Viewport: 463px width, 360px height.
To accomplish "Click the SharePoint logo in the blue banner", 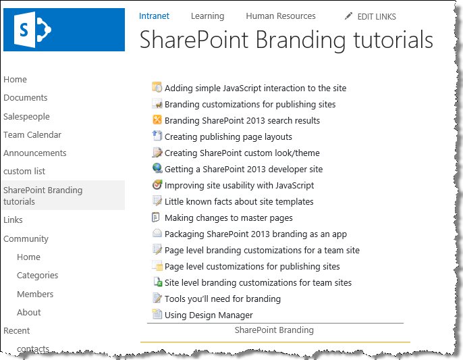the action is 32,30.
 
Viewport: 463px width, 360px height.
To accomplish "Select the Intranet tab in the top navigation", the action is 154,16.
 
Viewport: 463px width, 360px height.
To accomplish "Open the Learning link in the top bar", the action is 208,16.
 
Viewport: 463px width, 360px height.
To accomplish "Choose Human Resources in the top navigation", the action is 281,16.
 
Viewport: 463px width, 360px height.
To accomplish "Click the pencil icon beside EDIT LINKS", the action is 348,16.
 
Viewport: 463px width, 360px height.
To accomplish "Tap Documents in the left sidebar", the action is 26,97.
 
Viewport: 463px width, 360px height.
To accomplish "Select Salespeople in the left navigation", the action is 26,116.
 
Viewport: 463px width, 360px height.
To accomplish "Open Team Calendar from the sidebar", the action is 32,135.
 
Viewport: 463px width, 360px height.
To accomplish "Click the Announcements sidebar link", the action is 35,153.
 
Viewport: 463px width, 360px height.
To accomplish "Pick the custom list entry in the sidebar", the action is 24,171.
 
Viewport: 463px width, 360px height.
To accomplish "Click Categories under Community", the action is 38,276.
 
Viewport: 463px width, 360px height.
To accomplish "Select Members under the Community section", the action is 35,294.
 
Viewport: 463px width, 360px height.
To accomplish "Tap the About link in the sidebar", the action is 28,313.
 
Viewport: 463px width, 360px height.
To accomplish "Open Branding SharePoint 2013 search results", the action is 242,121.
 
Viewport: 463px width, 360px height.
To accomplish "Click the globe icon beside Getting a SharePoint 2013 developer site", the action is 157,168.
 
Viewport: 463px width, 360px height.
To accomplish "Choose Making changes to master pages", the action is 229,218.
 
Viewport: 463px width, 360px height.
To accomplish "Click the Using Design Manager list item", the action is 209,315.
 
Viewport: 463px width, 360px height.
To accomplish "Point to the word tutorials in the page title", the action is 393,40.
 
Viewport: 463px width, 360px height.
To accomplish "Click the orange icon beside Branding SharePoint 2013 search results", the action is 157,120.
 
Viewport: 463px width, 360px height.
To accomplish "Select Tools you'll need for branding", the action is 223,299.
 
